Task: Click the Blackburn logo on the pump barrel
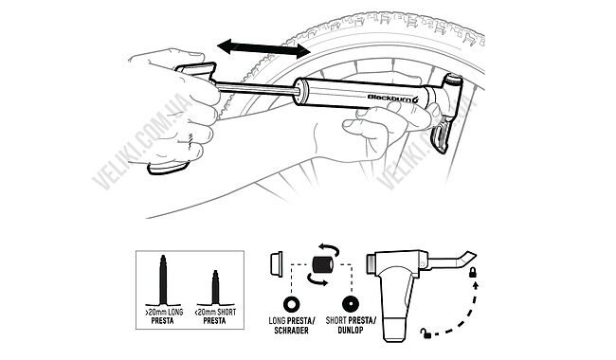click(393, 98)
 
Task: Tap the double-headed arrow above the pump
click(264, 48)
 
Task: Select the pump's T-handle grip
click(195, 72)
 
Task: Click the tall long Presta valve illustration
click(163, 280)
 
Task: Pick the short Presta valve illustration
click(215, 288)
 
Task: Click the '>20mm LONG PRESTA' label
click(163, 316)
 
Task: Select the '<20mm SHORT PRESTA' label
click(215, 316)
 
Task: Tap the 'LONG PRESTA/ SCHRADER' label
click(292, 326)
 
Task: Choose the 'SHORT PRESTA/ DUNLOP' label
click(351, 326)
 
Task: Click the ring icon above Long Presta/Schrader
click(292, 304)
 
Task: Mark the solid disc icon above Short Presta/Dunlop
click(350, 304)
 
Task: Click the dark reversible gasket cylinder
click(323, 264)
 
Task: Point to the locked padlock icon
click(473, 272)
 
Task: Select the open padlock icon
click(426, 333)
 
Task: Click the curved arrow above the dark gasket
click(329, 248)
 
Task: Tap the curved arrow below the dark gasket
click(317, 280)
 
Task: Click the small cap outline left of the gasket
click(276, 263)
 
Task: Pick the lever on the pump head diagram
click(453, 261)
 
